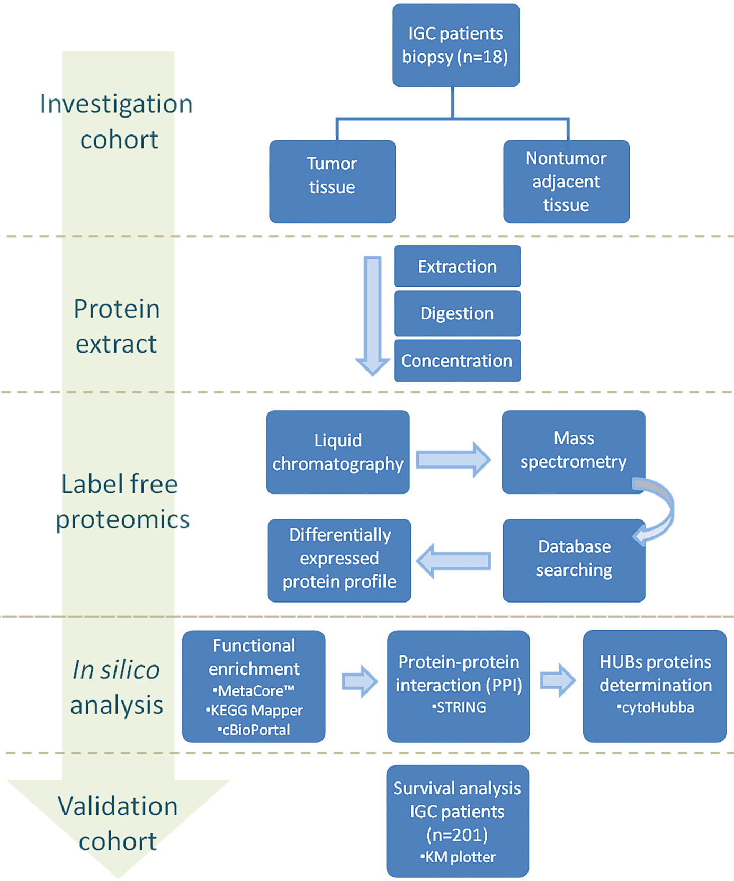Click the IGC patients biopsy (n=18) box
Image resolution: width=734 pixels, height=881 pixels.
pyautogui.click(x=456, y=45)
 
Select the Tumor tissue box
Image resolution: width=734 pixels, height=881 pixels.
pyautogui.click(x=332, y=182)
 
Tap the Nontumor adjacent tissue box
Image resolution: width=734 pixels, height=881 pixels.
pyautogui.click(x=566, y=182)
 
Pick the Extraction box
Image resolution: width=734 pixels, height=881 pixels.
pyautogui.click(x=457, y=266)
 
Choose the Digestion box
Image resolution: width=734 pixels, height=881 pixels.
pyautogui.click(x=457, y=313)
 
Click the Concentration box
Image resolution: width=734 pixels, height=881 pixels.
pyautogui.click(x=457, y=361)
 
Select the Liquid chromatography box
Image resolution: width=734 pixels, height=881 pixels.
pyautogui.click(x=338, y=452)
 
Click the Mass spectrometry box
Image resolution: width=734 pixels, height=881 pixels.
pyautogui.click(x=574, y=452)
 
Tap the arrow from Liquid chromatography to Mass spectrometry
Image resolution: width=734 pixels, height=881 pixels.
pyautogui.click(x=454, y=460)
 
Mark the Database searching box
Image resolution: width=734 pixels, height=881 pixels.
pyautogui.click(x=574, y=561)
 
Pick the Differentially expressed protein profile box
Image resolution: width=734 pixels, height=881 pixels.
pyautogui.click(x=339, y=561)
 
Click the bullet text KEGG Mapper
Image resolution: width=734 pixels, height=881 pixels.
pyautogui.click(x=254, y=710)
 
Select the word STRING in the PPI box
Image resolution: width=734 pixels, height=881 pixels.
pyautogui.click(x=459, y=707)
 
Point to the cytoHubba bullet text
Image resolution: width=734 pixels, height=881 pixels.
pyautogui.click(x=655, y=707)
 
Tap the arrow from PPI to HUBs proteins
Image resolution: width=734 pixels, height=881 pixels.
pyautogui.click(x=558, y=680)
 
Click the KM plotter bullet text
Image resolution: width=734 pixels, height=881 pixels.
pyautogui.click(x=458, y=857)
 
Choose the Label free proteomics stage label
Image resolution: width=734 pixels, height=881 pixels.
pyautogui.click(x=122, y=501)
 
